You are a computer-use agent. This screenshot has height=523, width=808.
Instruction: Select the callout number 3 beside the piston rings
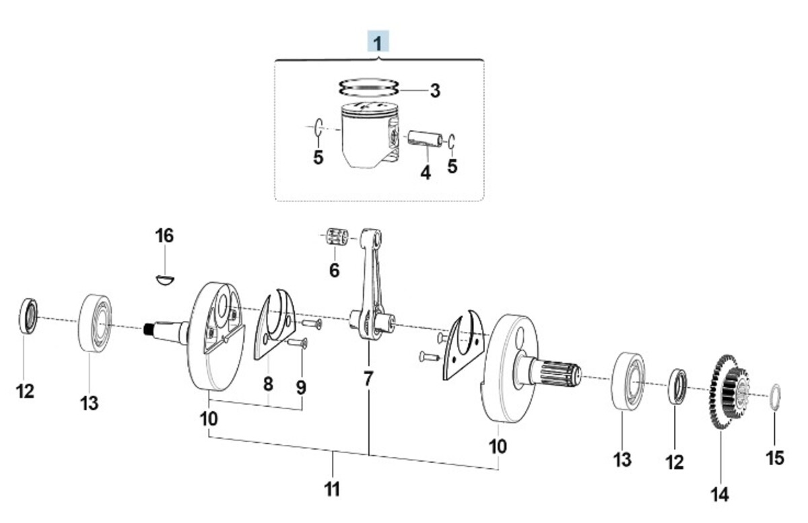(x=435, y=91)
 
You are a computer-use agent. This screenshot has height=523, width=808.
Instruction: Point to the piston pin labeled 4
(x=426, y=139)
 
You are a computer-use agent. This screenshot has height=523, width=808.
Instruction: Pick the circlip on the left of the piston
(x=318, y=127)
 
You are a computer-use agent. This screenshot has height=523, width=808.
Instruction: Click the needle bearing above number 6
(x=337, y=236)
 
